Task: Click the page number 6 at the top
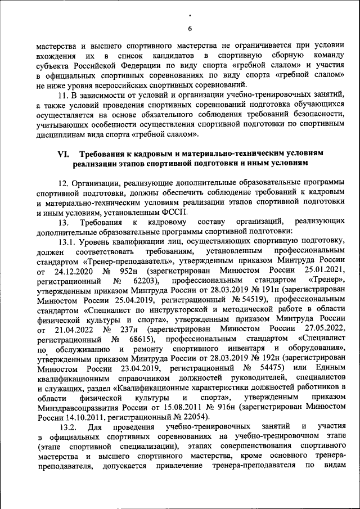(190, 29)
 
